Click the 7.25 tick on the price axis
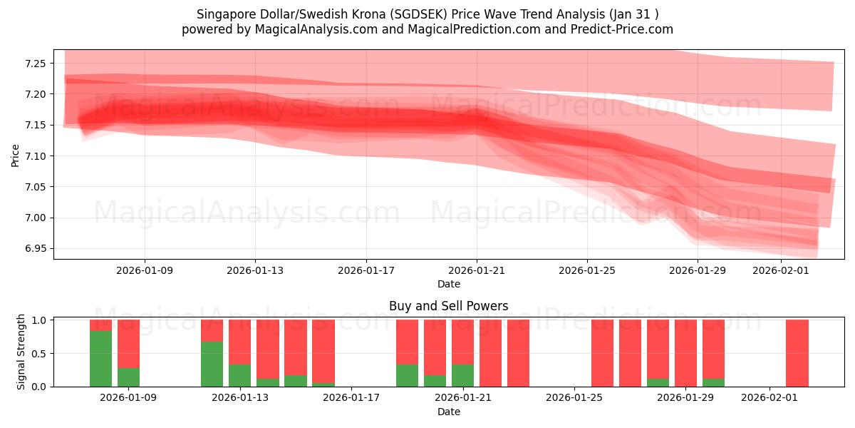point(36,63)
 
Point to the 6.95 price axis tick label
point(36,249)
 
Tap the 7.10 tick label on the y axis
point(36,156)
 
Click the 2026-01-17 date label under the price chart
point(366,271)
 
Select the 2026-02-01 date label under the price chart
point(782,271)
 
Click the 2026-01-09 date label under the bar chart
point(128,398)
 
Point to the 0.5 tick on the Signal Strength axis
point(40,354)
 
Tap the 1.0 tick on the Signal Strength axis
point(40,320)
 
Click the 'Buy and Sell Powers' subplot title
point(448,306)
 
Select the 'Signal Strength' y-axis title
point(21,352)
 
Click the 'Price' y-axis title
point(16,156)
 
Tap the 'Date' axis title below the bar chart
point(448,412)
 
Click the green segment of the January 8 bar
point(100,359)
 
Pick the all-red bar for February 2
point(797,353)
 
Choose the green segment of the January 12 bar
point(212,364)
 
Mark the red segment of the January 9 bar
point(128,343)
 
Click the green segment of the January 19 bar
point(407,376)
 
